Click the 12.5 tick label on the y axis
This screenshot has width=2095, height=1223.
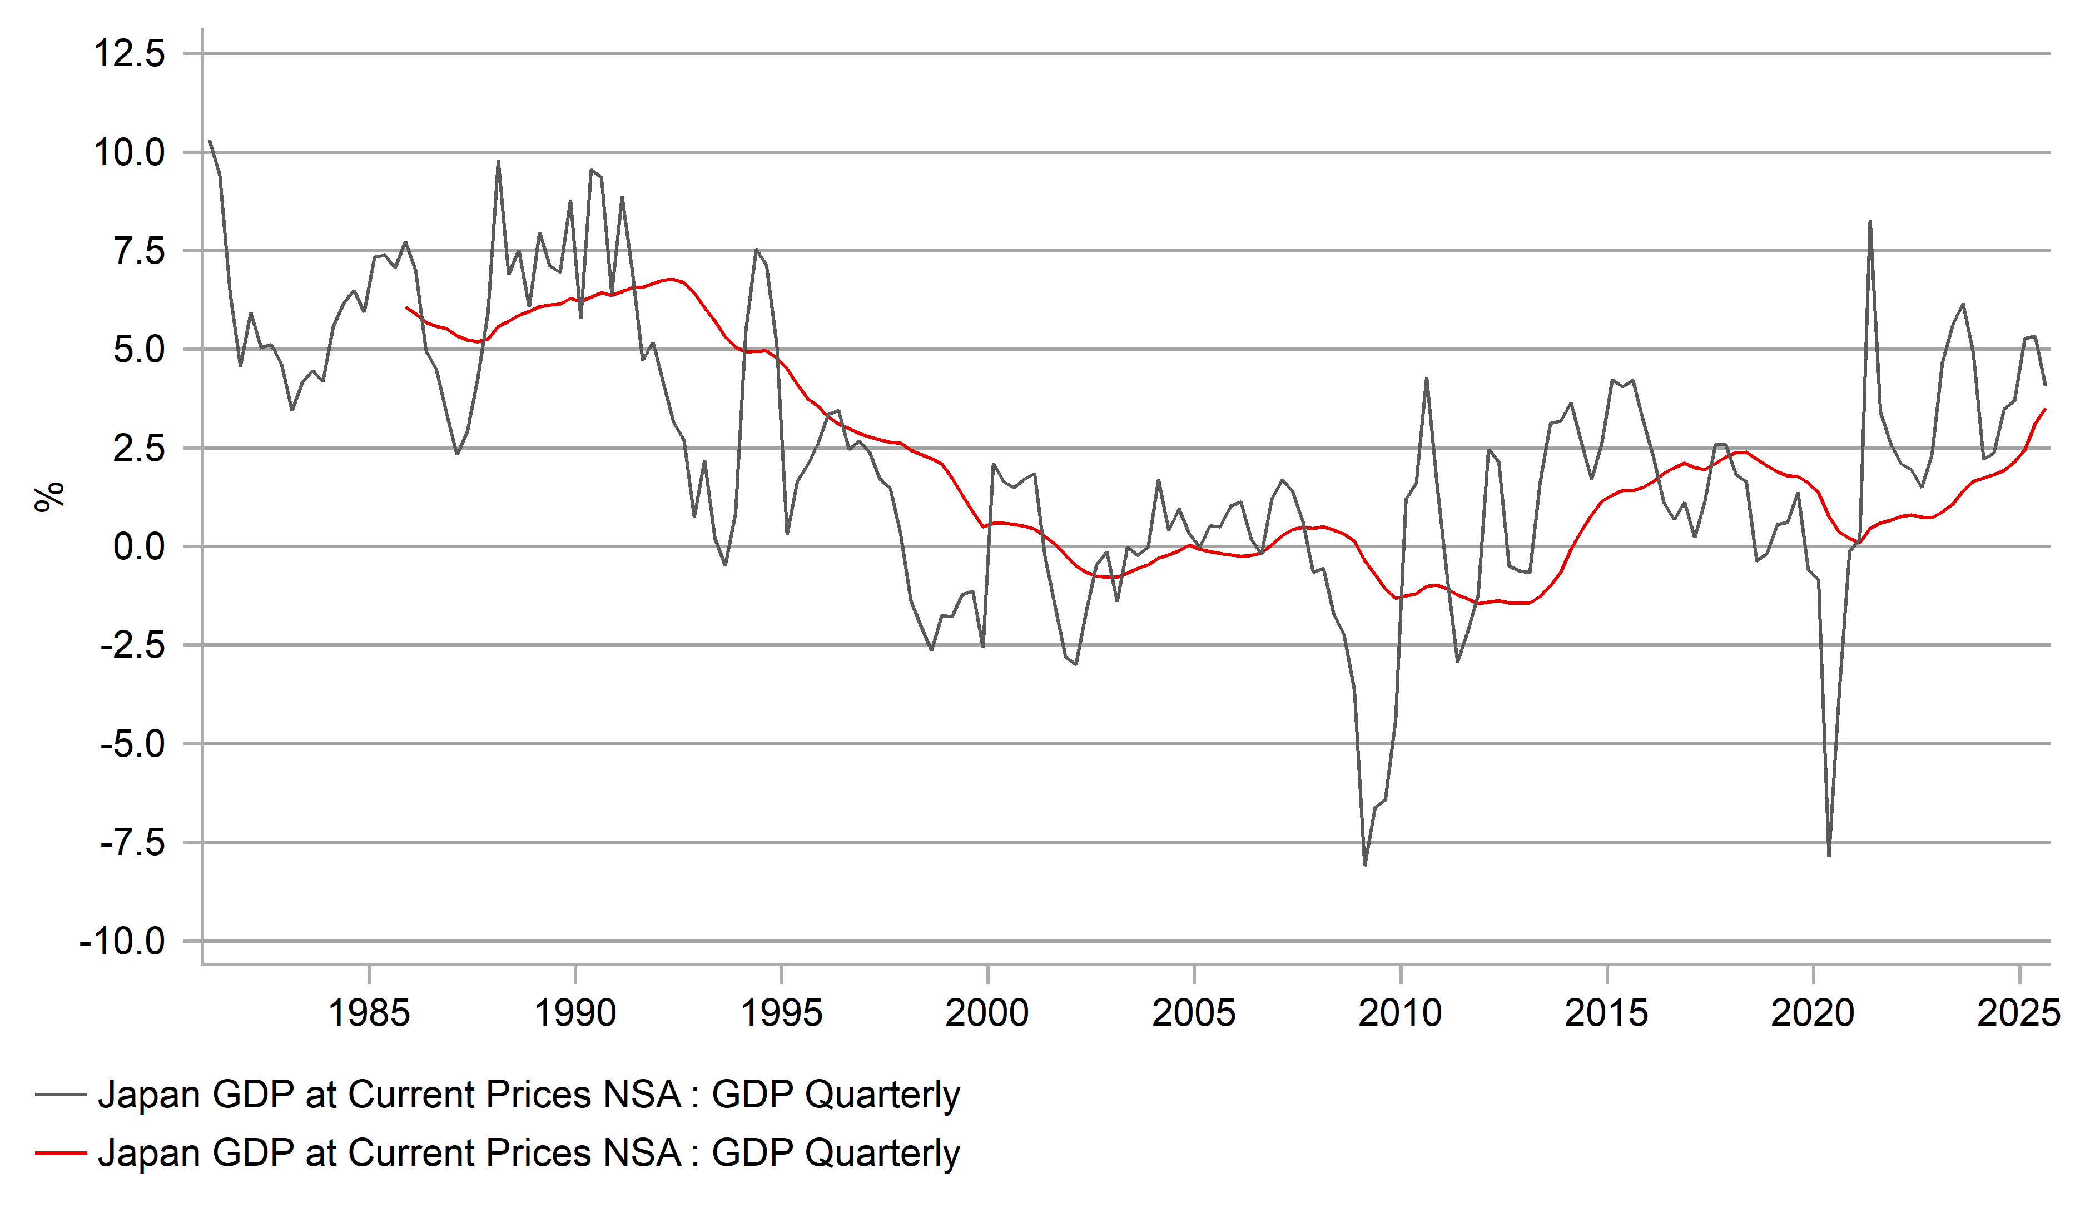(x=129, y=54)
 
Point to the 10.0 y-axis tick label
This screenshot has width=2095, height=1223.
(x=129, y=153)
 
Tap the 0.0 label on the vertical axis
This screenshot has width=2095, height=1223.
(x=139, y=547)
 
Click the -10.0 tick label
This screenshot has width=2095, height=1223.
(x=122, y=942)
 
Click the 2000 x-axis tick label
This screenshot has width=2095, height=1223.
(x=987, y=1013)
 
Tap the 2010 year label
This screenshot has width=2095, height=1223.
(x=1400, y=1013)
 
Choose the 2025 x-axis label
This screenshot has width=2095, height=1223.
(x=2018, y=1013)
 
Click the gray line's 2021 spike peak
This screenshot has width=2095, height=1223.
(x=1870, y=221)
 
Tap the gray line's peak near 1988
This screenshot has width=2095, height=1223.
(x=498, y=161)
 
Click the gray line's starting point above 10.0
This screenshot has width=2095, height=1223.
(x=210, y=141)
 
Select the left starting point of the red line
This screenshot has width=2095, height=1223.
(x=406, y=307)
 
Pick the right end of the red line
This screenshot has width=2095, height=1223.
(x=2045, y=409)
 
